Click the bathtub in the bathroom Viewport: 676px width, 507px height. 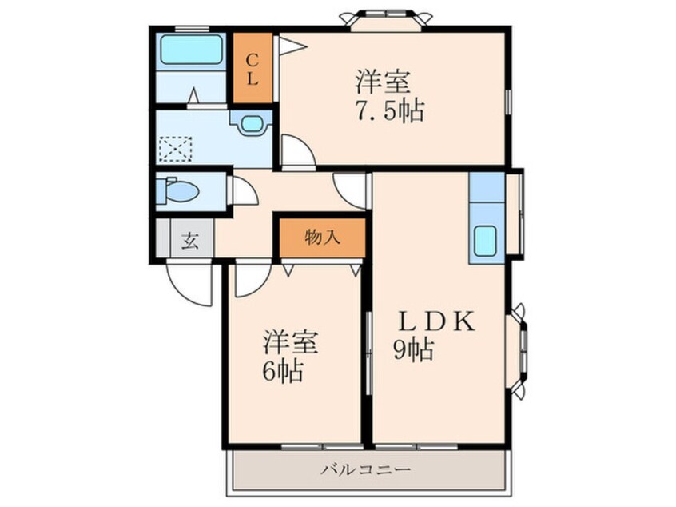[x=192, y=51]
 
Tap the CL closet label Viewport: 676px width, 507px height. [x=252, y=69]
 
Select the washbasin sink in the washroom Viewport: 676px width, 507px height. [x=251, y=123]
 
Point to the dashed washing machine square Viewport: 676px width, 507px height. [x=175, y=150]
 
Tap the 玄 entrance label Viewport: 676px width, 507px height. [x=190, y=240]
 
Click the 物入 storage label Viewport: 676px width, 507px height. [x=322, y=238]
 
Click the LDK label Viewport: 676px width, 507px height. [x=438, y=321]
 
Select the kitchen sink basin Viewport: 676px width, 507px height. [x=486, y=241]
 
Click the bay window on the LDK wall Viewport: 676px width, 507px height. [x=520, y=350]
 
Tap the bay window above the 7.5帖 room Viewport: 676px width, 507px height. [x=385, y=18]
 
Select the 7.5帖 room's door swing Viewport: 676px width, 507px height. [x=296, y=152]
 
